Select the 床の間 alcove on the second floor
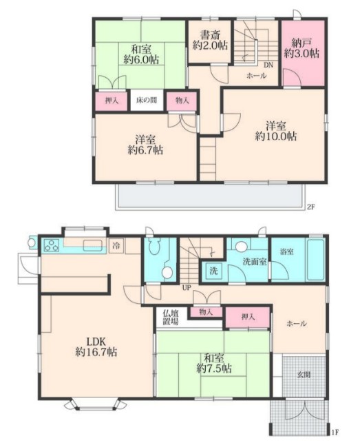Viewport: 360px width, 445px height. pyautogui.click(x=147, y=101)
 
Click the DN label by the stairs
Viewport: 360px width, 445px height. pyautogui.click(x=268, y=65)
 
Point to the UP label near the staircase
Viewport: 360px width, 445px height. pyautogui.click(x=187, y=288)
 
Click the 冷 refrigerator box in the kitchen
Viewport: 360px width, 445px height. pyautogui.click(x=116, y=246)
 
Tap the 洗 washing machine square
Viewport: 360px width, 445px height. pyautogui.click(x=214, y=271)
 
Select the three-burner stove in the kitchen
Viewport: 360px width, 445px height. pyautogui.click(x=52, y=245)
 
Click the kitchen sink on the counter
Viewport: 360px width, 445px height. pyautogui.click(x=93, y=245)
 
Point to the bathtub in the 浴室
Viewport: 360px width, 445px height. pyautogui.click(x=315, y=260)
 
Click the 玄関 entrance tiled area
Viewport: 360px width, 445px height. pyautogui.click(x=304, y=375)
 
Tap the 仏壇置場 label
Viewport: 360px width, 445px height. pyautogui.click(x=170, y=318)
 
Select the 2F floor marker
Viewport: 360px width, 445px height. pyautogui.click(x=311, y=207)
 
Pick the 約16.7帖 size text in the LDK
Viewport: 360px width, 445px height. pyautogui.click(x=96, y=352)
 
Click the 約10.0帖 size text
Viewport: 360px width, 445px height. pyautogui.click(x=276, y=136)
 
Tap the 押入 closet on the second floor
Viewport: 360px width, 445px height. pyautogui.click(x=112, y=101)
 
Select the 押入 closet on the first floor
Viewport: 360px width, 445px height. pyautogui.click(x=247, y=317)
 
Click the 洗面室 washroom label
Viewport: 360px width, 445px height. pyautogui.click(x=255, y=262)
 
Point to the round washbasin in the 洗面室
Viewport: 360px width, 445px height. pyautogui.click(x=241, y=246)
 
